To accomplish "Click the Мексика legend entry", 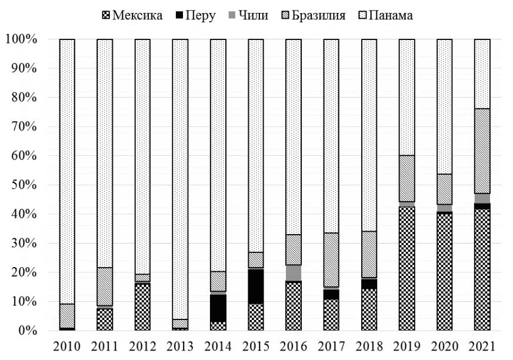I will pyautogui.click(x=131, y=15).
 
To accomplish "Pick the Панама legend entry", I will pyautogui.click(x=385, y=15).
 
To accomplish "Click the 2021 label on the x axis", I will pyautogui.click(x=482, y=346).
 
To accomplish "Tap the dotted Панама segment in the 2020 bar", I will pyautogui.click(x=444, y=106).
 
